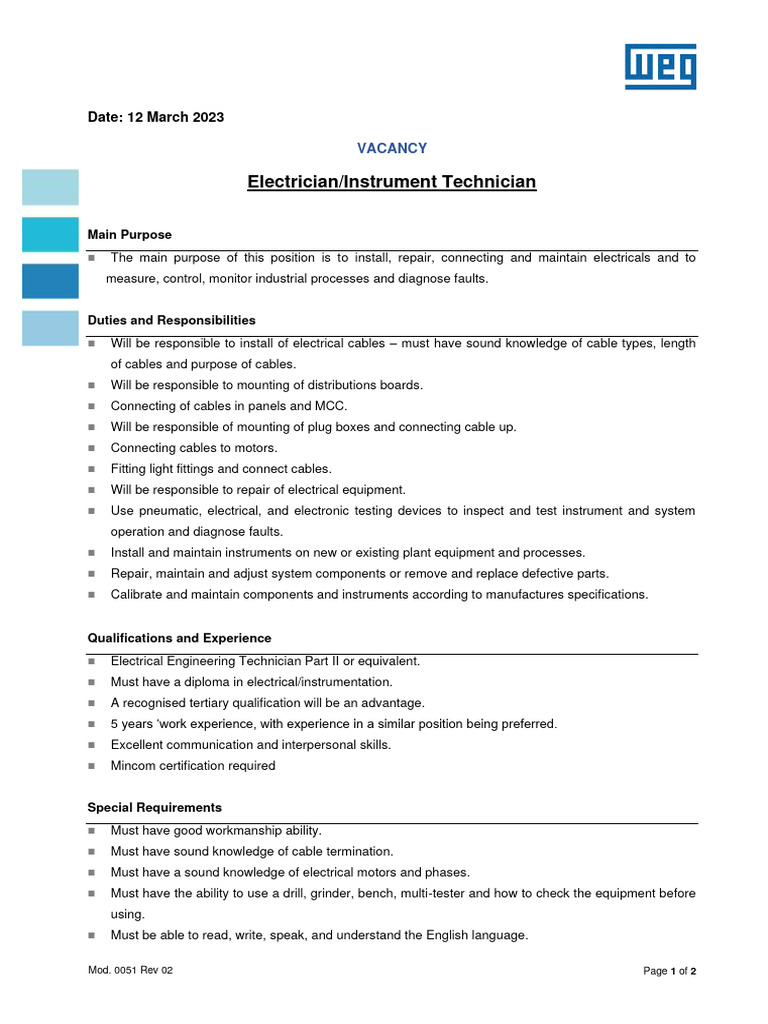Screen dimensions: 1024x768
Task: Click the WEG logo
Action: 660,66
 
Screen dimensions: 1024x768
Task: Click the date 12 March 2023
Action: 156,117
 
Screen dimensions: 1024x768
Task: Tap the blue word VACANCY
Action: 392,148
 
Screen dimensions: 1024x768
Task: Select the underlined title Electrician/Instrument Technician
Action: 392,182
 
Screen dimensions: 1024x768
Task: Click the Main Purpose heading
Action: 129,235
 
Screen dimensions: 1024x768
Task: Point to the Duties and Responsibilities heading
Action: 171,320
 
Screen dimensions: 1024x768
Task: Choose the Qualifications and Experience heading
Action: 179,638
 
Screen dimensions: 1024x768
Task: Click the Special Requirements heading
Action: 154,807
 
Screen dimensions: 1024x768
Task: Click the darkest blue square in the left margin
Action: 50,281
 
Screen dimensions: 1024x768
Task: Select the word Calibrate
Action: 137,595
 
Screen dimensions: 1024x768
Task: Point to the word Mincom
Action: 133,766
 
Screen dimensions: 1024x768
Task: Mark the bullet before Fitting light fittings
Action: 91,469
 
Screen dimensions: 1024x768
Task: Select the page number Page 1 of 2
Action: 669,971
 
